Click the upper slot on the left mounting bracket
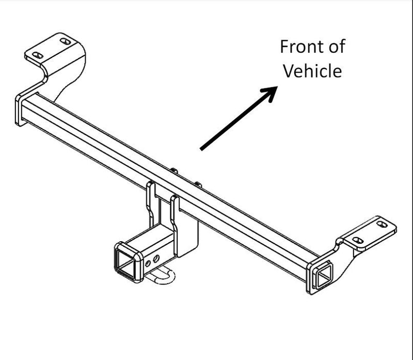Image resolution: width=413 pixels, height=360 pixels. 65,41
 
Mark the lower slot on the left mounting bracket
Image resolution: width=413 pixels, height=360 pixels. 38,55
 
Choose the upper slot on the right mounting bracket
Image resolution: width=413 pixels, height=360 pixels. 382,224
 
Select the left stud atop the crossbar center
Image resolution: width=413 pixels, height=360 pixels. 174,170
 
